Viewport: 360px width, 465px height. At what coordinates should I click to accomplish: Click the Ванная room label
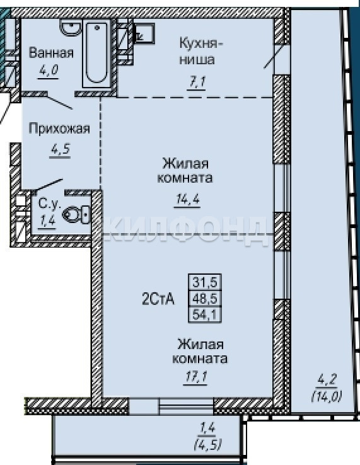pos(51,53)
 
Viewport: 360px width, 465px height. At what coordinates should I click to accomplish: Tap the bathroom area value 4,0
pos(49,71)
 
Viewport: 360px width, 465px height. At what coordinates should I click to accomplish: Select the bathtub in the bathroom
pos(96,54)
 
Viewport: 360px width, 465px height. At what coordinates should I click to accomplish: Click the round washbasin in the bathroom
pos(71,26)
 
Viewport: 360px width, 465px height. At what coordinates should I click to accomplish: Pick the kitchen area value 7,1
pos(197,81)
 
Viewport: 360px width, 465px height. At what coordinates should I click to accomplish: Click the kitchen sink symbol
pos(144,34)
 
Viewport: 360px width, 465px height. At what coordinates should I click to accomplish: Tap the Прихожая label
pos(59,129)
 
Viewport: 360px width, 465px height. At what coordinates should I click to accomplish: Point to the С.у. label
pos(49,204)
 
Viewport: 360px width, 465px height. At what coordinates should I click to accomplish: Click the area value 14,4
pos(188,199)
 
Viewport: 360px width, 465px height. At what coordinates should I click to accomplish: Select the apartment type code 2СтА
pos(158,299)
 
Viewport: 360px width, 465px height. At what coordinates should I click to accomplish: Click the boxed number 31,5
pos(205,282)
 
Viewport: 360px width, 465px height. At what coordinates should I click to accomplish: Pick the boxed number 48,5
pos(205,298)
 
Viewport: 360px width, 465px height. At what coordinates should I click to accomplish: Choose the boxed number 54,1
pos(205,314)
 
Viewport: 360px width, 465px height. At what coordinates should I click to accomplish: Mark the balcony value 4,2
pos(326,381)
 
